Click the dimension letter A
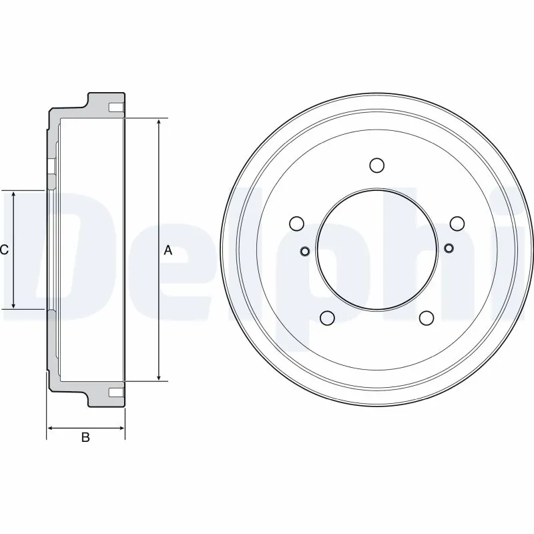(168, 250)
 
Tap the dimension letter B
(85, 438)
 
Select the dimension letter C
(4, 250)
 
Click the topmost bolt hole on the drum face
(376, 165)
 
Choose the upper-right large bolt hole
(457, 223)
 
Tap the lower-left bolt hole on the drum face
(327, 318)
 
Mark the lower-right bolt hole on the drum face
(427, 318)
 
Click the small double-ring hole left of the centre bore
(304, 251)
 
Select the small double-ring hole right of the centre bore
(449, 249)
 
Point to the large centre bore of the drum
(376, 250)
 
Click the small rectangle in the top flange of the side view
(116, 107)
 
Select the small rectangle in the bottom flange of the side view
(116, 391)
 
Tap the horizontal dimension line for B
(85, 427)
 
